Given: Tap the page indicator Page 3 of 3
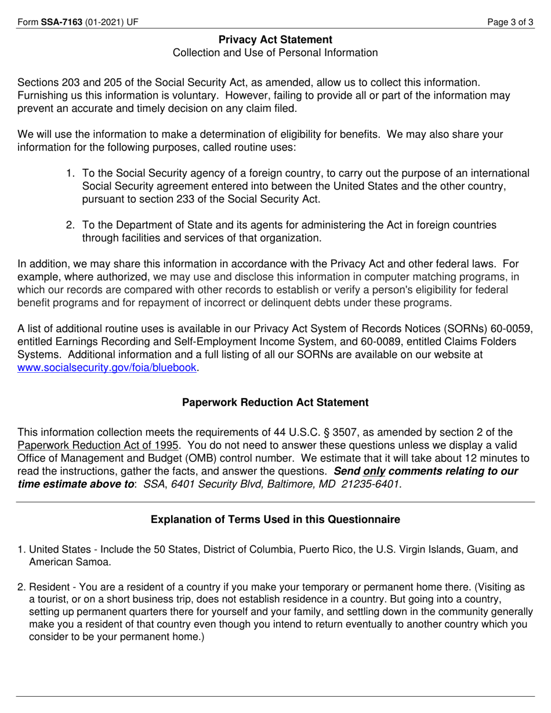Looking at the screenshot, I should point(510,23).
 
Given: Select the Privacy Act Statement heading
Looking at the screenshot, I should point(275,39).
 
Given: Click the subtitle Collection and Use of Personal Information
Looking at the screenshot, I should point(275,53).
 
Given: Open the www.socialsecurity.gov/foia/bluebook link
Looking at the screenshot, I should point(108,368).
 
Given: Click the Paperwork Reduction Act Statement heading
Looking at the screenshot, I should point(275,402).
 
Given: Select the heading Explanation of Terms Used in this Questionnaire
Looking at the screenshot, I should point(275,519).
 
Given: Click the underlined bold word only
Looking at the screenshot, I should point(374,471).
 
